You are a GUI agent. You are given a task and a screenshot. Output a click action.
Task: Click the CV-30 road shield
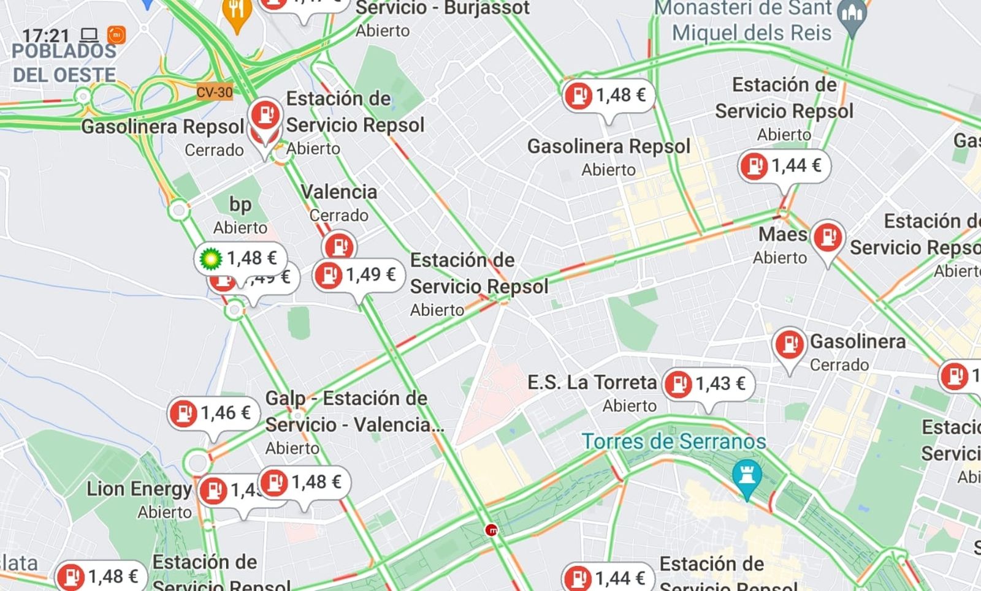click(x=215, y=92)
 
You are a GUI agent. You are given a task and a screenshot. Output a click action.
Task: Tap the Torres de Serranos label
click(x=673, y=442)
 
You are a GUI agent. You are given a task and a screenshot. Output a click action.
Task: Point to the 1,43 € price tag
click(x=709, y=384)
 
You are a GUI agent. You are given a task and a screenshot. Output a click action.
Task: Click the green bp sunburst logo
click(x=210, y=258)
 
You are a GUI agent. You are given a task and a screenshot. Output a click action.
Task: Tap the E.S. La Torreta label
click(x=592, y=383)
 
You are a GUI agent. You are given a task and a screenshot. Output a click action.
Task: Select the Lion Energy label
click(x=139, y=489)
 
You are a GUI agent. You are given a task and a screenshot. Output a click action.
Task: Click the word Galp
click(x=285, y=399)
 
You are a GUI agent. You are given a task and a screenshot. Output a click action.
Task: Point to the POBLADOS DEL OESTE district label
click(x=64, y=63)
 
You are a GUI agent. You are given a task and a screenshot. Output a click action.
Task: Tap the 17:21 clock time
click(x=45, y=36)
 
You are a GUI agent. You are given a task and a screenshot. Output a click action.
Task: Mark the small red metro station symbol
click(x=492, y=530)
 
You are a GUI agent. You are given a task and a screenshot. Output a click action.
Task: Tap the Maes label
click(x=782, y=235)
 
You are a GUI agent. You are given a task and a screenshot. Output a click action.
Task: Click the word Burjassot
click(x=487, y=9)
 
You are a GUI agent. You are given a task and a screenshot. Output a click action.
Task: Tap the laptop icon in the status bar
click(x=90, y=35)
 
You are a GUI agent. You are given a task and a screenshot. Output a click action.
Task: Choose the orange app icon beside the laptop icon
click(x=116, y=35)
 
